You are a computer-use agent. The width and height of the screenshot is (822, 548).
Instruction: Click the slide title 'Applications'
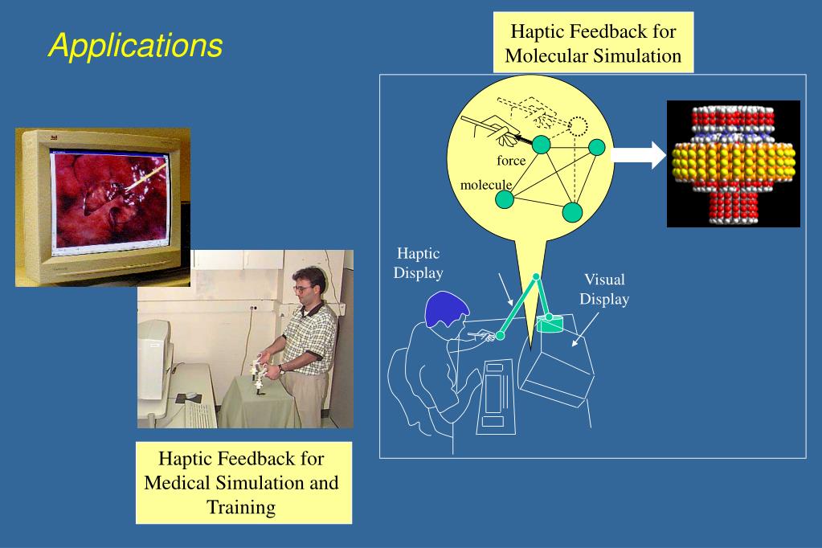pos(135,47)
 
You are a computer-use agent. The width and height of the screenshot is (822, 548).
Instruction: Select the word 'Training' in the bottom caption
pos(242,506)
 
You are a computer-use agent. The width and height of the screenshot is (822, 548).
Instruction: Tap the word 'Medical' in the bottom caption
pos(178,483)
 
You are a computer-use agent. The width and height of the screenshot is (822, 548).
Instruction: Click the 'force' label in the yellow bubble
pos(511,161)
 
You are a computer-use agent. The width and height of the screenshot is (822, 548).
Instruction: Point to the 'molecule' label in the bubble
pos(485,185)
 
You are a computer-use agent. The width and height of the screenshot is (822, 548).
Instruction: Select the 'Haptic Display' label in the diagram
pos(418,264)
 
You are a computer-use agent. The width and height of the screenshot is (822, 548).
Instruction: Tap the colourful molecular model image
pos(733,163)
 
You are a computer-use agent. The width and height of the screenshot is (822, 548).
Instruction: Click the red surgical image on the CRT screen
pos(110,202)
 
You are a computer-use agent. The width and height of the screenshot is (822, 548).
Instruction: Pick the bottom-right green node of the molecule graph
pos(571,212)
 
